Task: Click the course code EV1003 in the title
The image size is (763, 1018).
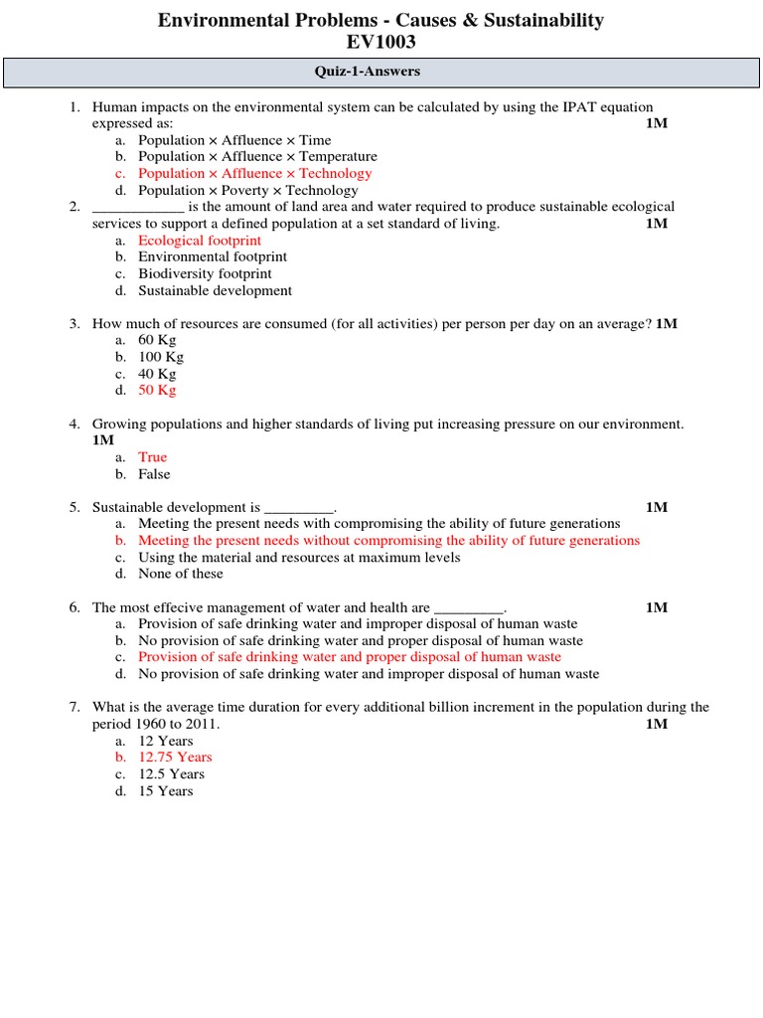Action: [x=381, y=42]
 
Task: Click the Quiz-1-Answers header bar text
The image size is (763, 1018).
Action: [x=381, y=72]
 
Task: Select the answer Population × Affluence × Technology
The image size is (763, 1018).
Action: [x=254, y=173]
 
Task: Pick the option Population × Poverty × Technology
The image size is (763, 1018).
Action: [x=247, y=190]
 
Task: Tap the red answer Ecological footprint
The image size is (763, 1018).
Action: [x=200, y=241]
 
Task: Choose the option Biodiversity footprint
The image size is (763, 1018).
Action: [x=205, y=273]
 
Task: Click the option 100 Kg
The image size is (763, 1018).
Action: [x=161, y=357]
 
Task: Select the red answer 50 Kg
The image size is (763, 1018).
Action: [x=157, y=390]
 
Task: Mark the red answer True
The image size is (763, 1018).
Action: [x=153, y=457]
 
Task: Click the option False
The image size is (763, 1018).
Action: [x=154, y=474]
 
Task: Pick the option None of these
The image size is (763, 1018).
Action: [x=181, y=574]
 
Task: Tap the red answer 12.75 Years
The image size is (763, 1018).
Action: [x=175, y=757]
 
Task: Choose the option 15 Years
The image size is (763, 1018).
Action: [x=166, y=790]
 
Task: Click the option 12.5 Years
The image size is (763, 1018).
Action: [x=171, y=773]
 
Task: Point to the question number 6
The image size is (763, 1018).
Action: [x=75, y=607]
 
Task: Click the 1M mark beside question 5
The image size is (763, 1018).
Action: [x=656, y=507]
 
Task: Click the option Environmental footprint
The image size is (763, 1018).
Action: [x=213, y=256]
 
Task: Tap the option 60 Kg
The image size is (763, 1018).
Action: [x=157, y=340]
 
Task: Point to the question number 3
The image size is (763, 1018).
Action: [x=75, y=324]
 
